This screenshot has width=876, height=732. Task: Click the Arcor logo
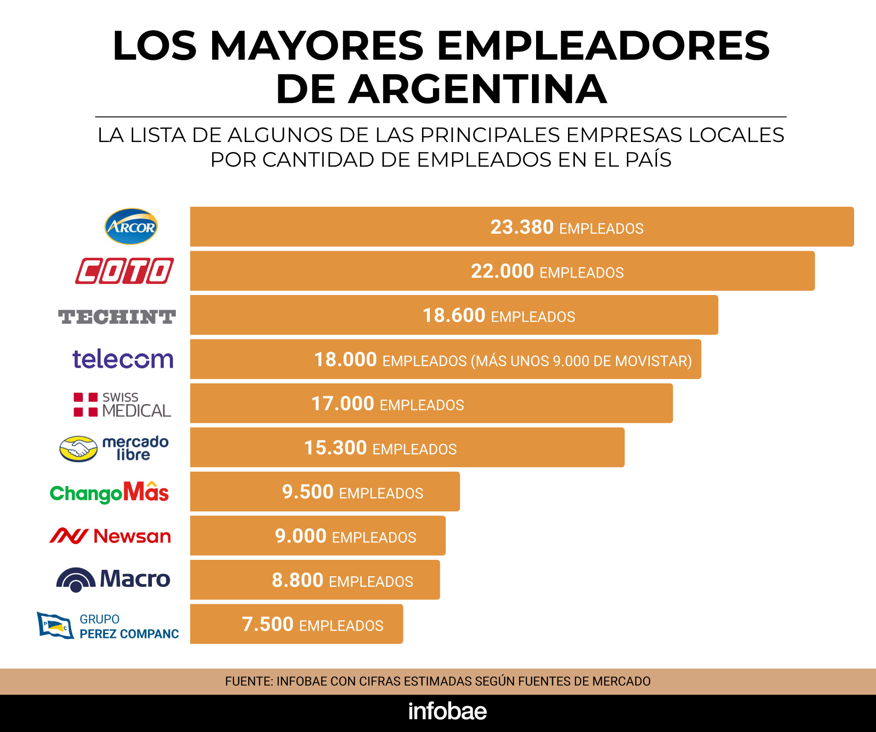(131, 226)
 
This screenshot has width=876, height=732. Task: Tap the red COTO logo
(124, 271)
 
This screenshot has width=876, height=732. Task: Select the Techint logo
(117, 316)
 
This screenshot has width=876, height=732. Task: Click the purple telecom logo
(123, 359)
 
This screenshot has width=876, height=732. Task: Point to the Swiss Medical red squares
(86, 405)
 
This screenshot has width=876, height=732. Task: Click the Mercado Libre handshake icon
(78, 448)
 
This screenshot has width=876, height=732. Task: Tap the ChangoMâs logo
(109, 492)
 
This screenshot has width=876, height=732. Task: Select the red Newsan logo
(110, 536)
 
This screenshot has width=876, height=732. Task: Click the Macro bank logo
(113, 579)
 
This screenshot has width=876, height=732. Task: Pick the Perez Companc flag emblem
(55, 625)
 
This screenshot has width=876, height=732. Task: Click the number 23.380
(522, 227)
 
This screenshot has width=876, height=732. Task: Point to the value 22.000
(502, 271)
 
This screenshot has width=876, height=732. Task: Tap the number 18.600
(454, 316)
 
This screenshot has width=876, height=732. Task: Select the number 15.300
(335, 448)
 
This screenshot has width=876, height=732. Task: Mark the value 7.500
(268, 624)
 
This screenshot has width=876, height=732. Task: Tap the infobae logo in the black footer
(448, 711)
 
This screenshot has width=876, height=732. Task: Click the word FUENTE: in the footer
(249, 681)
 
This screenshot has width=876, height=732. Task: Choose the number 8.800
(297, 580)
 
